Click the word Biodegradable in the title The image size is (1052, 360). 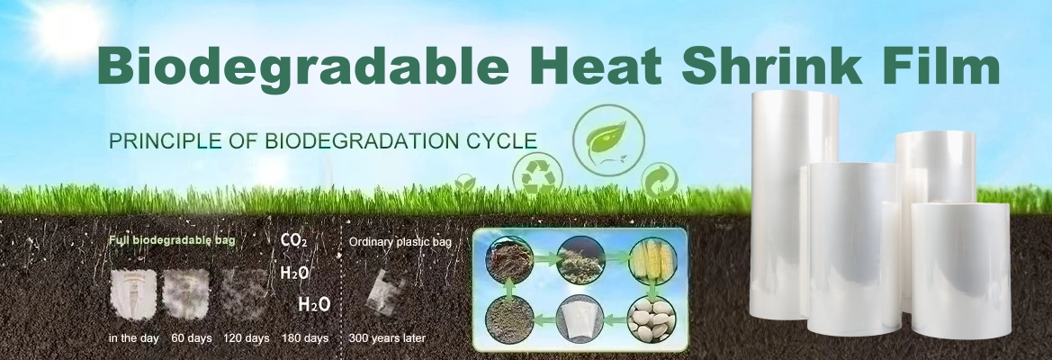pyautogui.click(x=302, y=67)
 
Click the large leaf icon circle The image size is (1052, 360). pyautogui.click(x=607, y=140)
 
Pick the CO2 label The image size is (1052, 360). pyautogui.click(x=294, y=240)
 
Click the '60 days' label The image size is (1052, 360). pyautogui.click(x=191, y=338)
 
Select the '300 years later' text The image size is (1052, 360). pyautogui.click(x=387, y=338)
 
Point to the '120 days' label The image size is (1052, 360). pyautogui.click(x=247, y=338)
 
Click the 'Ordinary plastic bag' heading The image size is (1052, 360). pyautogui.click(x=400, y=242)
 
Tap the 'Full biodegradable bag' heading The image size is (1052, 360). pyautogui.click(x=172, y=240)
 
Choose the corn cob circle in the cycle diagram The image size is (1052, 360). pyautogui.click(x=652, y=261)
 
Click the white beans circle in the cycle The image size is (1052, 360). pyautogui.click(x=652, y=319)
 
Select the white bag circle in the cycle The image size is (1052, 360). pyautogui.click(x=580, y=319)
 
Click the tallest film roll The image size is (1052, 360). pyautogui.click(x=795, y=203)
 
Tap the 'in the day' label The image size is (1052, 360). pyautogui.click(x=133, y=338)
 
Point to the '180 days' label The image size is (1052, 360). pyautogui.click(x=305, y=338)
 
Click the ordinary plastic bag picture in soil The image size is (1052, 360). pyautogui.click(x=386, y=292)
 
